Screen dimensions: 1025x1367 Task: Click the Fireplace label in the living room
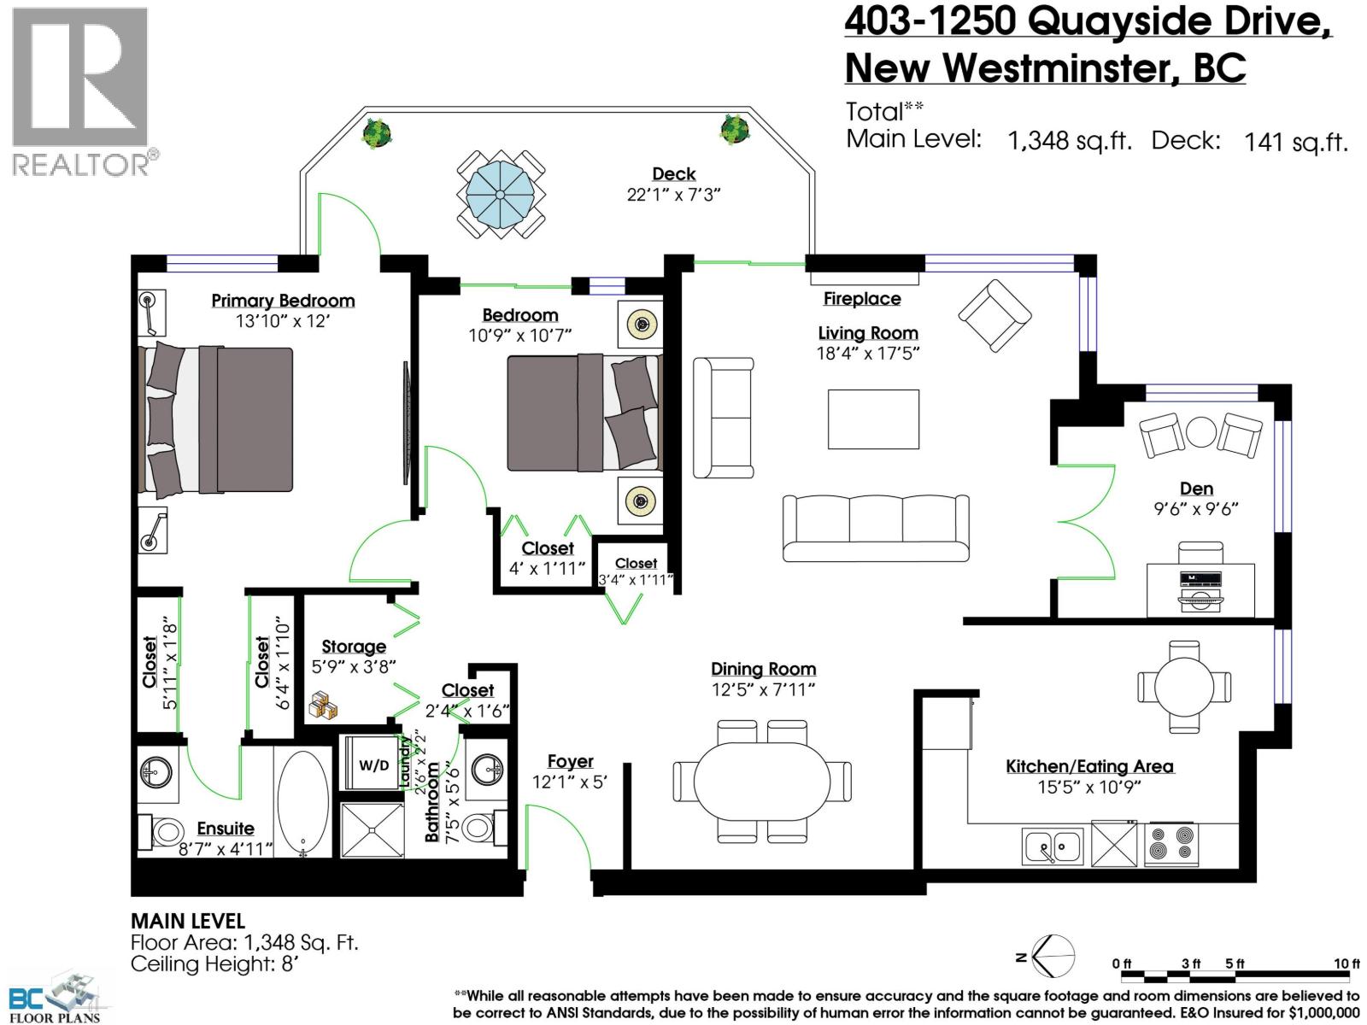tap(861, 299)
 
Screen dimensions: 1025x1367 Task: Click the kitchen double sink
tap(1053, 846)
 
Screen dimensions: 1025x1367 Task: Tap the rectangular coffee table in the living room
tap(873, 419)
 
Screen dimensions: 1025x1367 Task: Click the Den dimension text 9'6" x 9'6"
tap(1195, 509)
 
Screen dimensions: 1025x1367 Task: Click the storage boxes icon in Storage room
tap(323, 705)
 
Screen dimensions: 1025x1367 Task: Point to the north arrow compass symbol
tap(1053, 956)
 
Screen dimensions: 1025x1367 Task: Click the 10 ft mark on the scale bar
tap(1346, 963)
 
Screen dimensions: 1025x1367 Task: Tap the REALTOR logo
tap(81, 90)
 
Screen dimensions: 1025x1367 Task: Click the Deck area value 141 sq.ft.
tap(1295, 142)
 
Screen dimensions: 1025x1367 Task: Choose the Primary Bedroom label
tap(283, 301)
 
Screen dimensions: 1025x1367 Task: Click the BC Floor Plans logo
tap(56, 995)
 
